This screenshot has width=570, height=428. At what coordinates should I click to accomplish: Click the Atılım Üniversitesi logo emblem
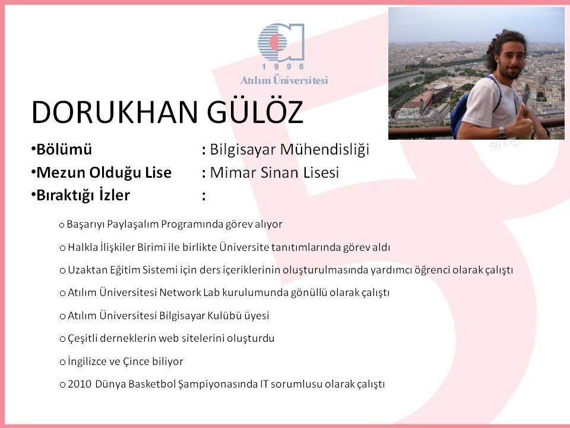[281, 42]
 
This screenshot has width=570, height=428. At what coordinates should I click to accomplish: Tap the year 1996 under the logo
[283, 67]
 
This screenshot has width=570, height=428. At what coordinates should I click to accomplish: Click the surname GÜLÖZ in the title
[255, 112]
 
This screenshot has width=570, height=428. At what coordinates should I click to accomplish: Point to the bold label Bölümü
[64, 150]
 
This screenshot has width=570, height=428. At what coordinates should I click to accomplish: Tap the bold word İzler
[114, 195]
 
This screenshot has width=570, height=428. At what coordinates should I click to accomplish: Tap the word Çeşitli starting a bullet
[82, 339]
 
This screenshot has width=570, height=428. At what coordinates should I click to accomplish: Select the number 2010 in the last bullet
[79, 385]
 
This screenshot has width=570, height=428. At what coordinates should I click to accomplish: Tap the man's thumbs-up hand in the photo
[518, 122]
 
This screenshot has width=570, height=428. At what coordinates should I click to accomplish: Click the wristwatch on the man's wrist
[502, 132]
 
